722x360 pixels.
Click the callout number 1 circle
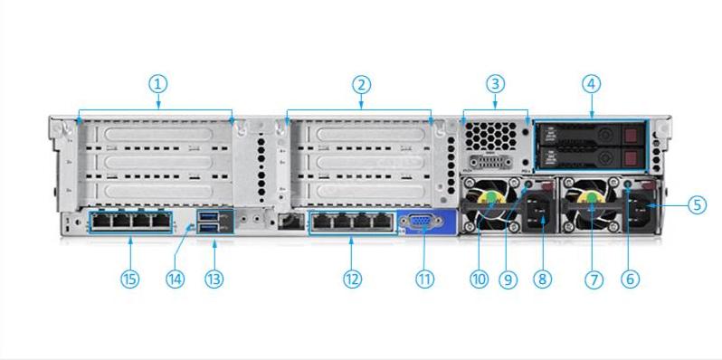tap(158, 84)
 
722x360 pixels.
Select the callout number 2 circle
tap(361, 84)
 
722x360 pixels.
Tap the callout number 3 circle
tap(494, 84)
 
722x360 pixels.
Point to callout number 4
tap(591, 84)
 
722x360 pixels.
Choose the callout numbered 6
tap(630, 279)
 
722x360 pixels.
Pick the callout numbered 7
tap(594, 279)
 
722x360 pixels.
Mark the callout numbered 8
tap(542, 279)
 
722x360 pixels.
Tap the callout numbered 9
tap(508, 279)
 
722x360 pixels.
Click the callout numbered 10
tap(480, 279)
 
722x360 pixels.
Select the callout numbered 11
tap(424, 279)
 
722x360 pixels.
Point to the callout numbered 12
tap(352, 279)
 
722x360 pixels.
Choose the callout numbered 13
tap(213, 279)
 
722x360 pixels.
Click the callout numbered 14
tap(176, 279)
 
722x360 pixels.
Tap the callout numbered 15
tap(130, 279)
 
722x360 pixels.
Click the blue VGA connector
tap(419, 223)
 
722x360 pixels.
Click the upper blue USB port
tap(212, 216)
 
